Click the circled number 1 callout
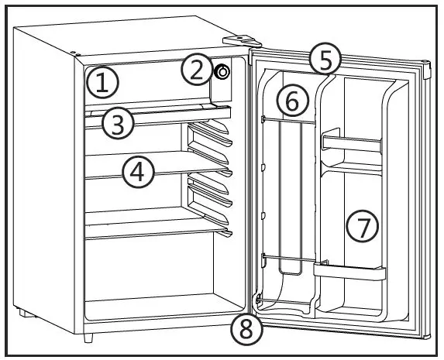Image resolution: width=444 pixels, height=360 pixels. pyautogui.click(x=102, y=81)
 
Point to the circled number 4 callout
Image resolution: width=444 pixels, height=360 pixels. pyautogui.click(x=137, y=172)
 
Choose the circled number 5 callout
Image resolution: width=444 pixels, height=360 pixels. pyautogui.click(x=324, y=59)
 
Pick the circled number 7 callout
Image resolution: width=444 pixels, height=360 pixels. pyautogui.click(x=361, y=226)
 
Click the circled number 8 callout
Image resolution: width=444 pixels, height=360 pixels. pyautogui.click(x=246, y=331)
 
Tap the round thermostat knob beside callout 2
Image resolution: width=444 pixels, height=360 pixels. pyautogui.click(x=222, y=72)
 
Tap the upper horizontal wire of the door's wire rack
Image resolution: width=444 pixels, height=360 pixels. pyautogui.click(x=288, y=120)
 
